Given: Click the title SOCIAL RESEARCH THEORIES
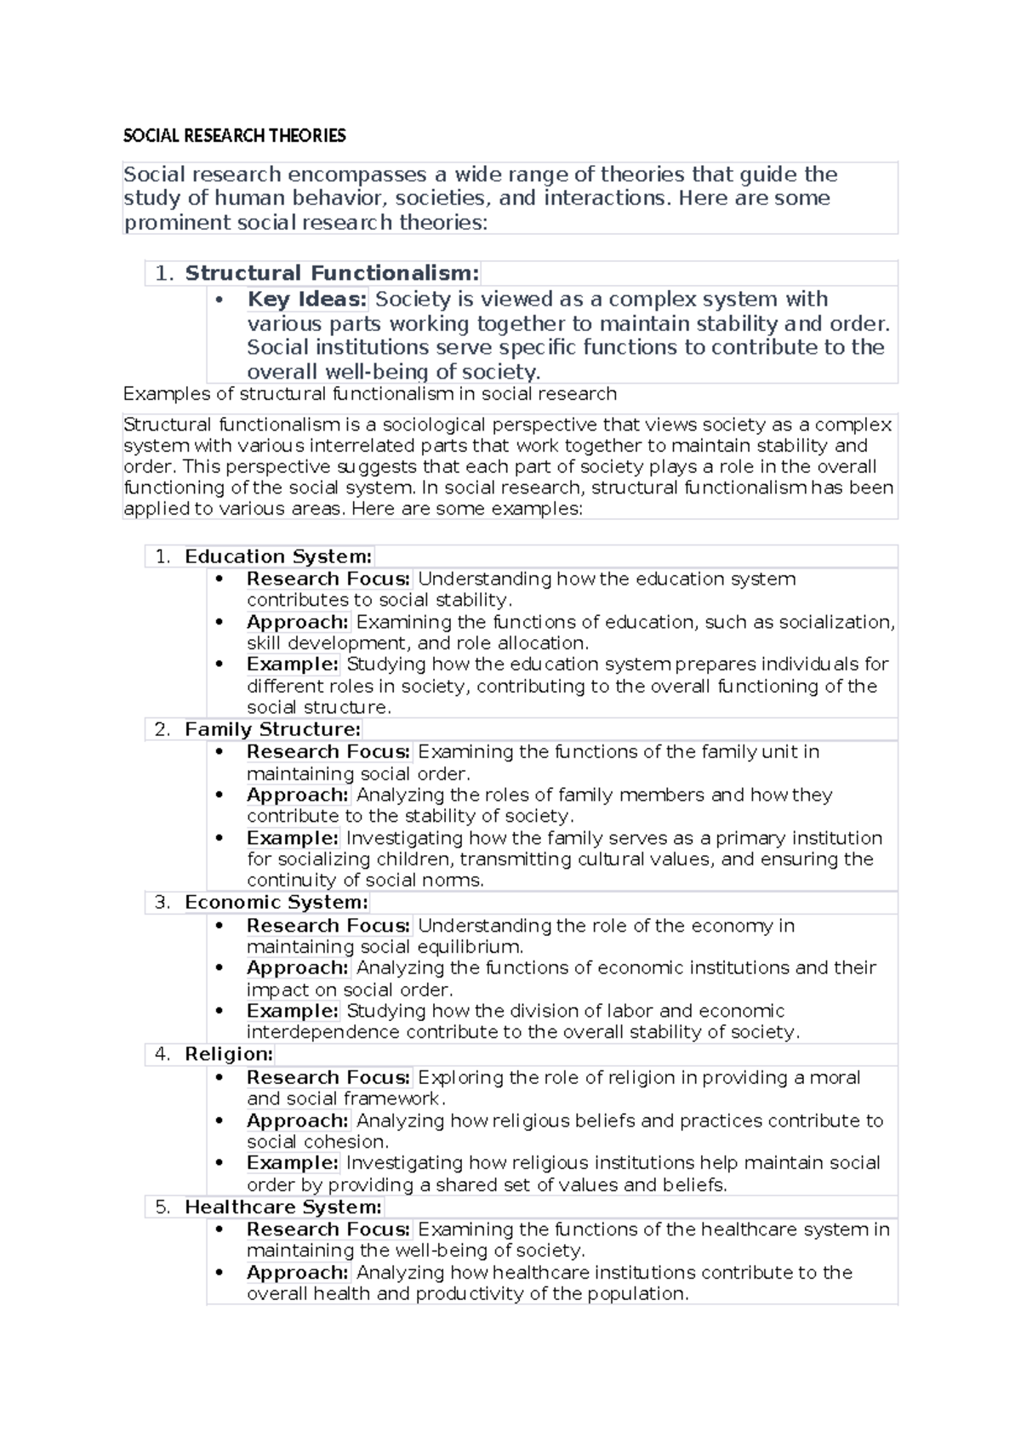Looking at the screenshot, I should click(235, 136).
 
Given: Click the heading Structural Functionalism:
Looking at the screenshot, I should click(332, 273).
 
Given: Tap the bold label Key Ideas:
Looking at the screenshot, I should click(307, 299).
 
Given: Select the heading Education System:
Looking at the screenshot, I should click(278, 556).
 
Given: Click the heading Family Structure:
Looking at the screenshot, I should click(272, 729).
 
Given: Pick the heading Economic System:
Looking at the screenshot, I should click(277, 903).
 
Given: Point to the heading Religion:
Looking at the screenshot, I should click(229, 1054).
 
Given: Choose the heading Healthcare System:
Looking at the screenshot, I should click(283, 1207).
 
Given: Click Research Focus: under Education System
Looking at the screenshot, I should click(328, 579).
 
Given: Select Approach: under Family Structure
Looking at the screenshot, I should click(298, 796).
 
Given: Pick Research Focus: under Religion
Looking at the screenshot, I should click(328, 1078).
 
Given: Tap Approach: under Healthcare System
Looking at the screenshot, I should click(298, 1273).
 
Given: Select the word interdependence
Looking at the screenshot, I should click(322, 1033).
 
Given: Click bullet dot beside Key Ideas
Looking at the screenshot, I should click(220, 299).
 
